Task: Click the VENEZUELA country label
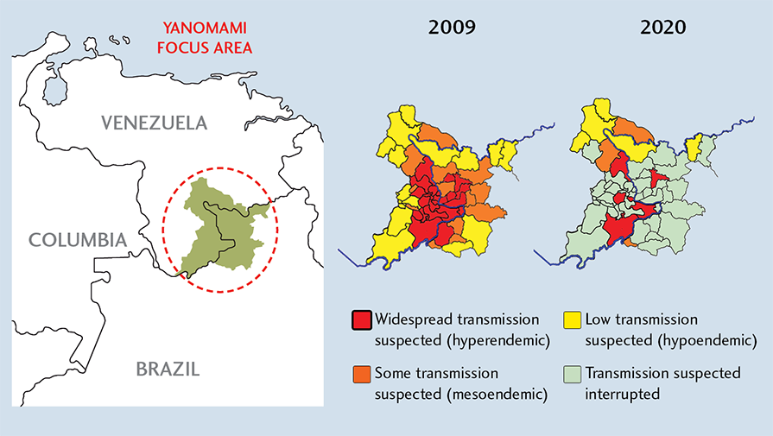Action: tap(155, 122)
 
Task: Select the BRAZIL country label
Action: tap(168, 370)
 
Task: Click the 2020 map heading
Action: tap(662, 28)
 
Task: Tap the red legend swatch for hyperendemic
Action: tap(361, 320)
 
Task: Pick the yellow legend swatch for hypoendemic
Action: tap(572, 320)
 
